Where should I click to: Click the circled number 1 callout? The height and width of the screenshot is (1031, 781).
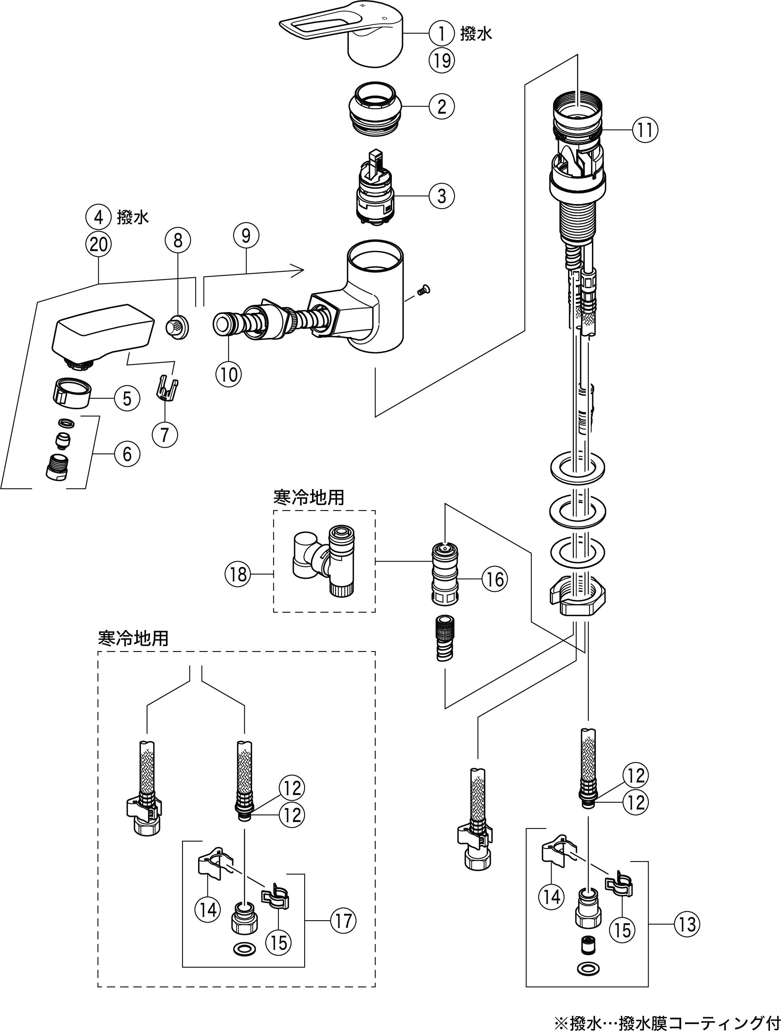(441, 33)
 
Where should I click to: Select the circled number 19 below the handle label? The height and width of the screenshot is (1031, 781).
(441, 60)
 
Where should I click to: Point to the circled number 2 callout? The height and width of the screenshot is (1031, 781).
(441, 106)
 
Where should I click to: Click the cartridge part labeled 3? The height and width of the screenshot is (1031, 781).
(375, 191)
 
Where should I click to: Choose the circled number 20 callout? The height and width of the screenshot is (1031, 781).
(98, 244)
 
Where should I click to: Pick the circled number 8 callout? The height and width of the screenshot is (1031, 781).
(178, 240)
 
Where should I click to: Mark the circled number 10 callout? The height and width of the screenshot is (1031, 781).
(229, 374)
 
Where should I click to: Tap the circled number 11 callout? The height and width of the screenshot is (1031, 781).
(645, 130)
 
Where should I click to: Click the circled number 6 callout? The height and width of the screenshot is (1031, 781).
(127, 453)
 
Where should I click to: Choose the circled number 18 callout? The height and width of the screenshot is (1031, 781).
(238, 574)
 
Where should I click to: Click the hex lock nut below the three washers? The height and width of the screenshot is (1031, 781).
(578, 601)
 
